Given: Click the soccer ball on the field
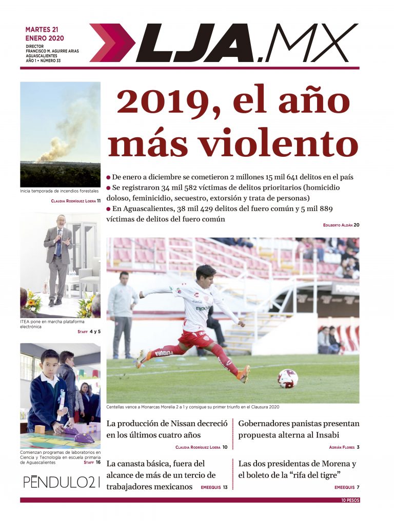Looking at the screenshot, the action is click(x=287, y=379).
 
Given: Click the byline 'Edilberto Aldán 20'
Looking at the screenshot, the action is click(x=341, y=225).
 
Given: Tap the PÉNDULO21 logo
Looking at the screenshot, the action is click(x=61, y=482).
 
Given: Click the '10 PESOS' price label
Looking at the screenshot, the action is click(x=350, y=500).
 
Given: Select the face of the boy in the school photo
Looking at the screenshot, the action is click(x=50, y=363).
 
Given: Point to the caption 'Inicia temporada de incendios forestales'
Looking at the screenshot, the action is click(x=60, y=191).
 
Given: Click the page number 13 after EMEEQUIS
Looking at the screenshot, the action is click(x=225, y=487).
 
